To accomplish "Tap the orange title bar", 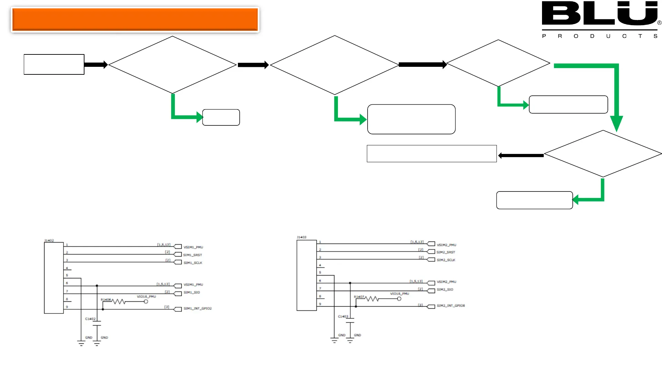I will click(x=135, y=19).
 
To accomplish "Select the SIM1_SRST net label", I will click(x=192, y=255).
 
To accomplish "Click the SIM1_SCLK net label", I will click(x=193, y=263).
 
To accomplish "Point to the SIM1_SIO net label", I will click(x=192, y=292).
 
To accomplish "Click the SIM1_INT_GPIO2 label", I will click(x=198, y=309).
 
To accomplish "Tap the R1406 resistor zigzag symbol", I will click(x=118, y=302).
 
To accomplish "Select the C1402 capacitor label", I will click(x=90, y=319).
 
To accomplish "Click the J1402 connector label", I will click(x=49, y=240).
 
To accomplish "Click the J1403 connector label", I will click(x=301, y=237).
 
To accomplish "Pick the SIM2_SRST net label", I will click(x=446, y=252).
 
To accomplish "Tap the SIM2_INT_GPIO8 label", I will click(x=451, y=306).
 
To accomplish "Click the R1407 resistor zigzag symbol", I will click(x=372, y=299).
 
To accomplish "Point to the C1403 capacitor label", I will click(x=343, y=317).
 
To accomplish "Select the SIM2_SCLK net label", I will click(x=446, y=260).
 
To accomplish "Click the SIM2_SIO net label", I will click(x=445, y=290).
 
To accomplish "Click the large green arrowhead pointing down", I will click(x=616, y=123).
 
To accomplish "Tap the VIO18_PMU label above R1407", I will click(x=400, y=294).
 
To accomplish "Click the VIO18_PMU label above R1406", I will click(x=147, y=297).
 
